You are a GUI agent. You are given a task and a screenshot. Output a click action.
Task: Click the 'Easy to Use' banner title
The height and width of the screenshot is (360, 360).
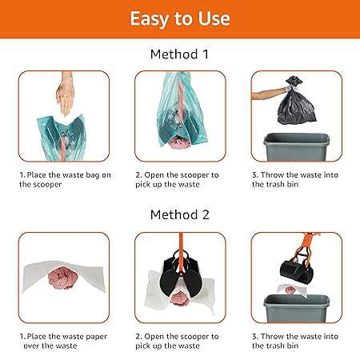[180, 18]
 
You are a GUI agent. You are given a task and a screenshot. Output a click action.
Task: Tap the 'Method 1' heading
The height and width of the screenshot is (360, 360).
[179, 54]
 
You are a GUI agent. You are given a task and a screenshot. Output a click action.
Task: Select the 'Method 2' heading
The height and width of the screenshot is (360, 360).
[180, 214]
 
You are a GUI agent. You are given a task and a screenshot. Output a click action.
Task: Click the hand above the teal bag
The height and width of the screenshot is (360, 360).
[65, 94]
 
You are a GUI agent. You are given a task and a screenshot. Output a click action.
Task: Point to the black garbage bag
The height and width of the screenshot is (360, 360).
[297, 102]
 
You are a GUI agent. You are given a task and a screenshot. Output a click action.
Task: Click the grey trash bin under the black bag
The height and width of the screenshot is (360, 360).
[297, 147]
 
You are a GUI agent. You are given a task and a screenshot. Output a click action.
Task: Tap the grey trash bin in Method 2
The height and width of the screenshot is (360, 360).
[297, 309]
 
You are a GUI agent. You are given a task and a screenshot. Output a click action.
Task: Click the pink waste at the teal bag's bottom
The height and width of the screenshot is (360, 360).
[179, 142]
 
